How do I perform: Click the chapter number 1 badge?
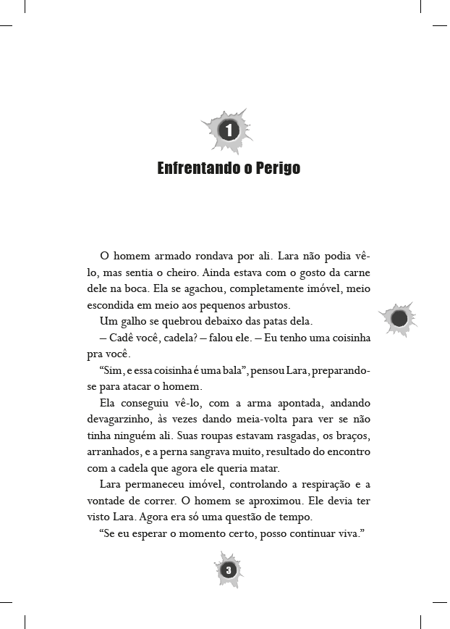pyautogui.click(x=227, y=130)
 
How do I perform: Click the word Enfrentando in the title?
pyautogui.click(x=195, y=169)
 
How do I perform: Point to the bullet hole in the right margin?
pyautogui.click(x=398, y=318)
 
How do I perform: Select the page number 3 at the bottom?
pyautogui.click(x=228, y=570)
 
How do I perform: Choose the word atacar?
pyautogui.click(x=147, y=387)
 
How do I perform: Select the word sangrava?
pyautogui.click(x=229, y=453)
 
